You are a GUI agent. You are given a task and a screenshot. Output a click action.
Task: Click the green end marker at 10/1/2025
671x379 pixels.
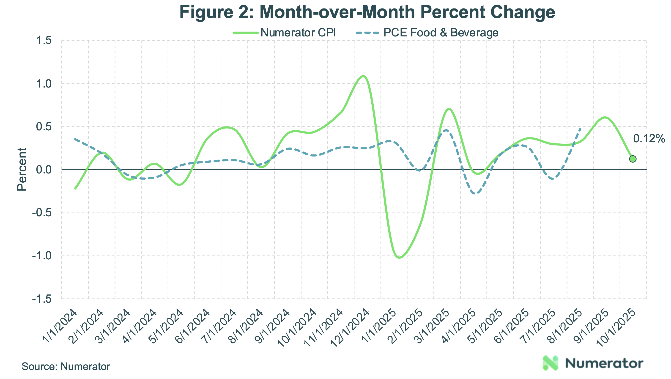click(633, 159)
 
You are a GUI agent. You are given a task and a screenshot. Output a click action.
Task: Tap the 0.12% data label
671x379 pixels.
click(649, 139)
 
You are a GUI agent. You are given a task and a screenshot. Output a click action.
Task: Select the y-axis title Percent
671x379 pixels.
click(22, 169)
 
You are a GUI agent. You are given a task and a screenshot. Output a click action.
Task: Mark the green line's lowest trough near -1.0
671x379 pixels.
click(400, 257)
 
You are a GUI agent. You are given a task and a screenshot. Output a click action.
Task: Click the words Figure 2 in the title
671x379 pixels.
click(216, 12)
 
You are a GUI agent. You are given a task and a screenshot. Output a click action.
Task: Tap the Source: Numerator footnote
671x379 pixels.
click(66, 366)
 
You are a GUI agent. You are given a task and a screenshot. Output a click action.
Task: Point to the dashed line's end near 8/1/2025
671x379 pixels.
click(580, 128)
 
